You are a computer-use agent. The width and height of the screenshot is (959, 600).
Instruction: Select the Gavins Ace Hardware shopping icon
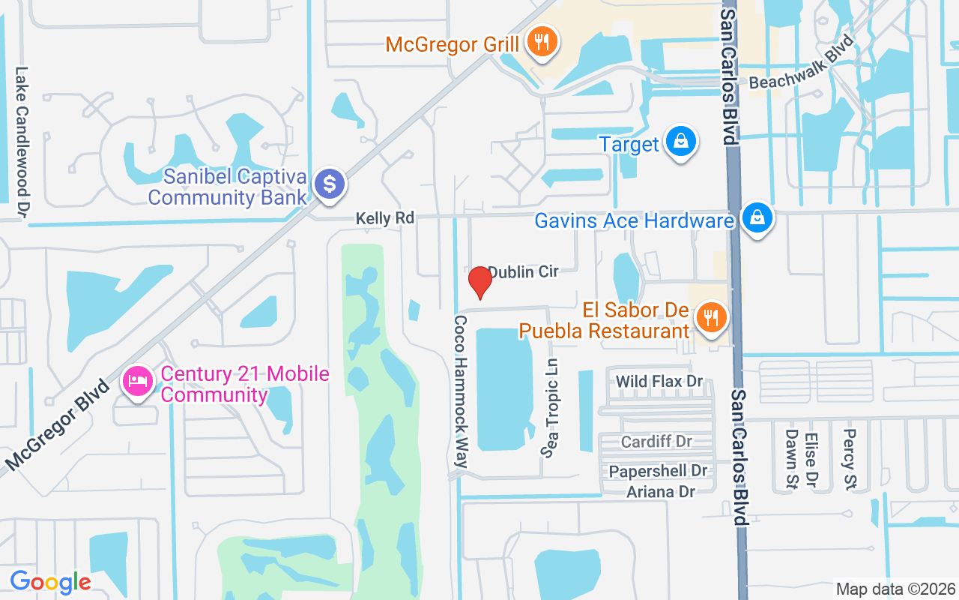click(757, 218)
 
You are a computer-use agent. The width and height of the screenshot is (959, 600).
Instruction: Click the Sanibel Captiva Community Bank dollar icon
click(329, 183)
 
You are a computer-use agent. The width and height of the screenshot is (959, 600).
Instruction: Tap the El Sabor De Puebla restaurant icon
click(708, 318)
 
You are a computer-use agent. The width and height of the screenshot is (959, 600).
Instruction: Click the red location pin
click(479, 282)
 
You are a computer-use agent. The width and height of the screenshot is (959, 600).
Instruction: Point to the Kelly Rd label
click(385, 218)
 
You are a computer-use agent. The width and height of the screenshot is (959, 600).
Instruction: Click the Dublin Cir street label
click(523, 271)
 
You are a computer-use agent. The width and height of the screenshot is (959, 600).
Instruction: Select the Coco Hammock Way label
click(461, 391)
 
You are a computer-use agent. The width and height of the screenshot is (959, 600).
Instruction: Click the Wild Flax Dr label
click(659, 382)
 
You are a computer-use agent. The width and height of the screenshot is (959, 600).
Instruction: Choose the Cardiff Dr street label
click(656, 441)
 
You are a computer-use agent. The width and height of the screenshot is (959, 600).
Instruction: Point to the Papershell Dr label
click(658, 472)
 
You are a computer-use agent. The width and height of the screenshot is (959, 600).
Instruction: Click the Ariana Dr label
click(661, 492)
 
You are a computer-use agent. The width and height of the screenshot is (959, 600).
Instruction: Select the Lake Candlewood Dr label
click(22, 142)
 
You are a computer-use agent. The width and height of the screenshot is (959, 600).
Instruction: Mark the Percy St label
click(849, 458)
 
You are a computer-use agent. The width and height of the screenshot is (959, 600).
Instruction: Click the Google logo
click(50, 581)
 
